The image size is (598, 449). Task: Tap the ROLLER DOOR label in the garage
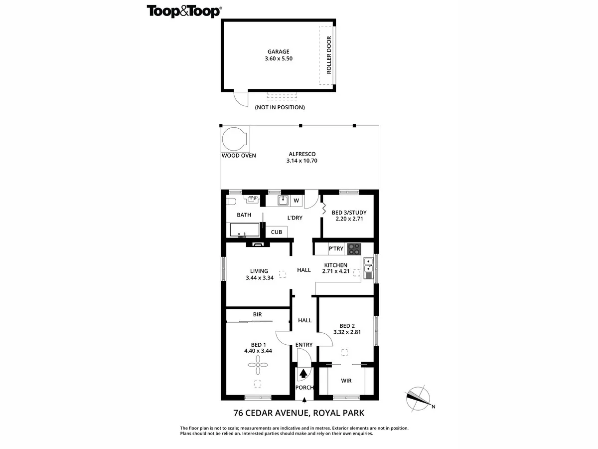(329, 55)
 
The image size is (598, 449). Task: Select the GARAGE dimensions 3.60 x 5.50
(278, 58)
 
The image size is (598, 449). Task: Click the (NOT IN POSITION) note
(280, 107)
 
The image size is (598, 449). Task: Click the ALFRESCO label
(301, 154)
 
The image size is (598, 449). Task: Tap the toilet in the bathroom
(231, 201)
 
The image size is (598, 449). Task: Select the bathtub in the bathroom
(244, 230)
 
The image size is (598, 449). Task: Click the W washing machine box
(296, 201)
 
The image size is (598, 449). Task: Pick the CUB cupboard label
(277, 232)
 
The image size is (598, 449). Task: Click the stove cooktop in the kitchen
(354, 248)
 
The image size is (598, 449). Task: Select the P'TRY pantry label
(335, 249)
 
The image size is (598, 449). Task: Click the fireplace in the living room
(258, 244)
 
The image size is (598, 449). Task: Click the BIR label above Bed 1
(257, 315)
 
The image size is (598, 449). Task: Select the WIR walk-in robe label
(346, 381)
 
